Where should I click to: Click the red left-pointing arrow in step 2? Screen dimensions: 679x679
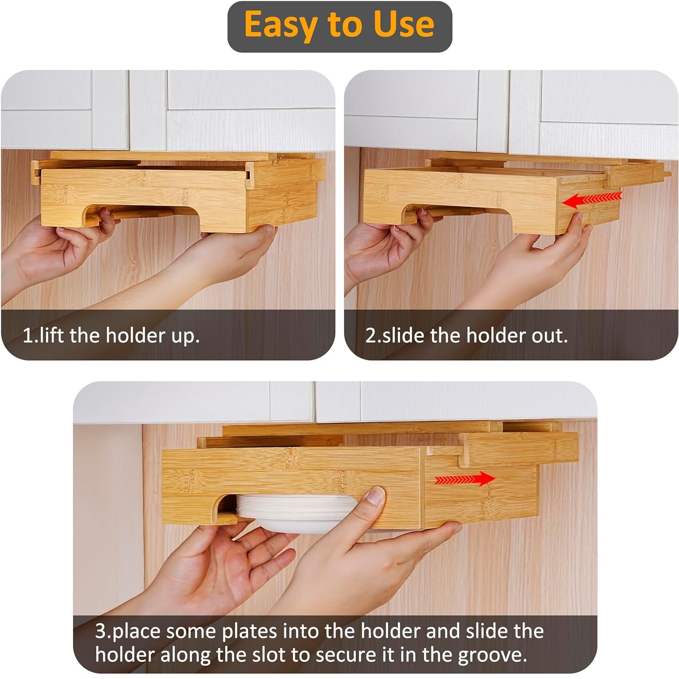pos(592,199)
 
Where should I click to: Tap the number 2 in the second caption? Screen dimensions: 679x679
pos(370,335)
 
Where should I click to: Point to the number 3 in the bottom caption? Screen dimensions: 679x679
pos(100,631)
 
